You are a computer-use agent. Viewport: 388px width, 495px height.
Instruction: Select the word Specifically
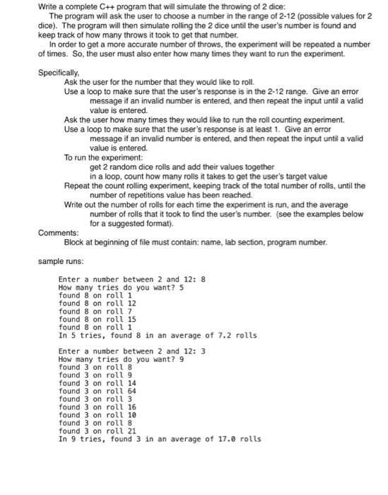(59, 73)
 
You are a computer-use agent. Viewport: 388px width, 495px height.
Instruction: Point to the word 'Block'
(74, 241)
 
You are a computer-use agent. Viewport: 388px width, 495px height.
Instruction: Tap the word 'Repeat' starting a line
(76, 186)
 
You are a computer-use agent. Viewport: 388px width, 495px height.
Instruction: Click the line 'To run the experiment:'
(103, 158)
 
